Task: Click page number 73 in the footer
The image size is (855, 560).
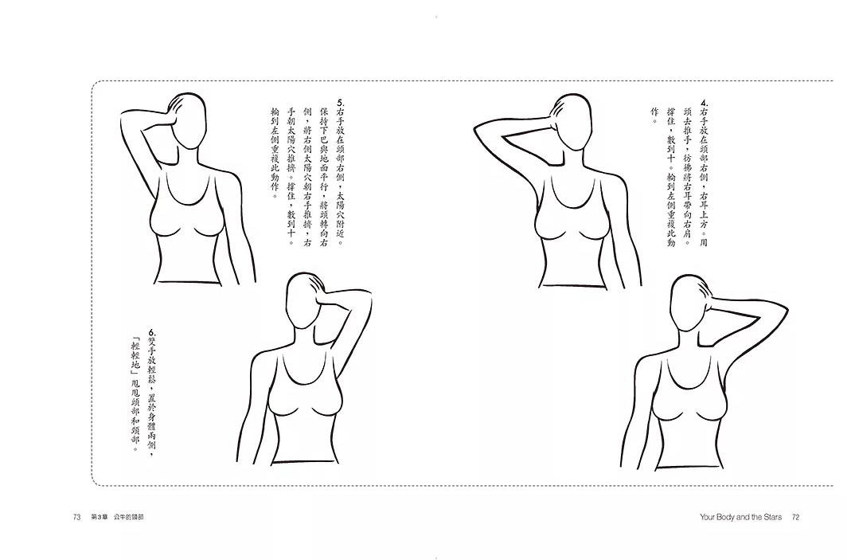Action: coord(76,517)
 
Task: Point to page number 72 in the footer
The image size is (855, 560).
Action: coord(795,517)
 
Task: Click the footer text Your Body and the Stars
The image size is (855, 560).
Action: coord(741,517)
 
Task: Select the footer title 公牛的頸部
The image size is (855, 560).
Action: coord(129,517)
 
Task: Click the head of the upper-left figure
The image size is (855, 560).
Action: coord(189,120)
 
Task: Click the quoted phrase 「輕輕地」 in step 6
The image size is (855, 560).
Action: coord(136,357)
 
